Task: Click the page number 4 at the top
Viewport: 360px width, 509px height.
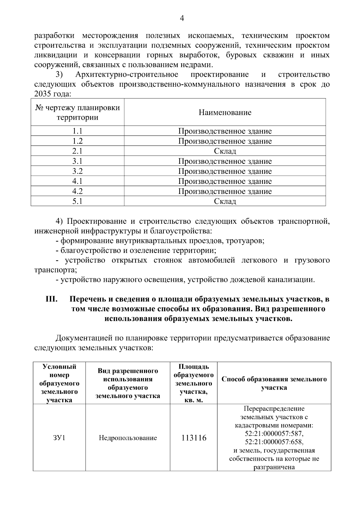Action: (181, 19)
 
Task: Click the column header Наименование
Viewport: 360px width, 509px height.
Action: (225, 112)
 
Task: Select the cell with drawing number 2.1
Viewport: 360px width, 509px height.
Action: (77, 151)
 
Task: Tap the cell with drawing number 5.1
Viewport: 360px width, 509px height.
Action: (77, 201)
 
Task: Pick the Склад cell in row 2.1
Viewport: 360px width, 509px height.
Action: (225, 151)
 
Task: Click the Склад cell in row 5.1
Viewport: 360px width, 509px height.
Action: (225, 201)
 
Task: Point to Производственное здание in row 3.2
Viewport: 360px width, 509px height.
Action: (225, 171)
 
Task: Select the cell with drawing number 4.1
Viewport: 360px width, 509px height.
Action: (77, 181)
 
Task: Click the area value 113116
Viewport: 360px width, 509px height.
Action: (194, 438)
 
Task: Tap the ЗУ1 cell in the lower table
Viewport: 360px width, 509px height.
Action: (59, 438)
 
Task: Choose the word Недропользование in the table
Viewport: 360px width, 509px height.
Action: (128, 438)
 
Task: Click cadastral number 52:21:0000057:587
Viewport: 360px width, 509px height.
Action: (274, 434)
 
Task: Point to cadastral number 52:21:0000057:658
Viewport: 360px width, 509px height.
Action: (274, 442)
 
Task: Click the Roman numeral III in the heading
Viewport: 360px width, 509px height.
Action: (52, 299)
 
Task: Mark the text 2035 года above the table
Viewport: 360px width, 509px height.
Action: (52, 94)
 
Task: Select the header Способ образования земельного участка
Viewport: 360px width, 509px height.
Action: (274, 383)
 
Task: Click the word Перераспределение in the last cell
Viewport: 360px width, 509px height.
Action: (274, 409)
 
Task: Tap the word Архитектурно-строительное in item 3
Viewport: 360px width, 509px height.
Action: (127, 74)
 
